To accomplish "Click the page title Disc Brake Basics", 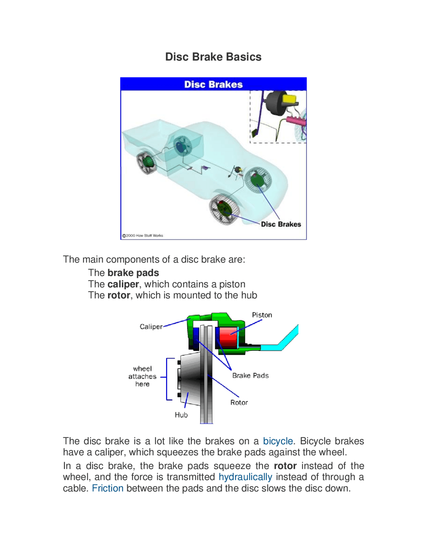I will tap(213, 57).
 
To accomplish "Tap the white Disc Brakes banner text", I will tap(213, 84).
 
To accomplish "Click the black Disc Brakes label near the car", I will tap(281, 224).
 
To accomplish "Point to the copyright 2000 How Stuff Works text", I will tap(143, 235).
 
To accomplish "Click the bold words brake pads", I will tap(133, 273).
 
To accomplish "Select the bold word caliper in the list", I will tap(123, 284).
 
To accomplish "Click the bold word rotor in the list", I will tap(118, 295).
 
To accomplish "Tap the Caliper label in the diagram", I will tap(151, 327).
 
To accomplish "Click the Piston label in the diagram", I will tap(262, 315).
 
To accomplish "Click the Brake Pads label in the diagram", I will tap(250, 376).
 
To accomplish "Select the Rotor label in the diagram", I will tap(239, 403).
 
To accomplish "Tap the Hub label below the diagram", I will tap(181, 415).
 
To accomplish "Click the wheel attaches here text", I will tap(142, 376).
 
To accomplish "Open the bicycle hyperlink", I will tap(278, 441).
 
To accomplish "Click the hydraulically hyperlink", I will tap(245, 477).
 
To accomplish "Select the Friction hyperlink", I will tap(107, 488).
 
